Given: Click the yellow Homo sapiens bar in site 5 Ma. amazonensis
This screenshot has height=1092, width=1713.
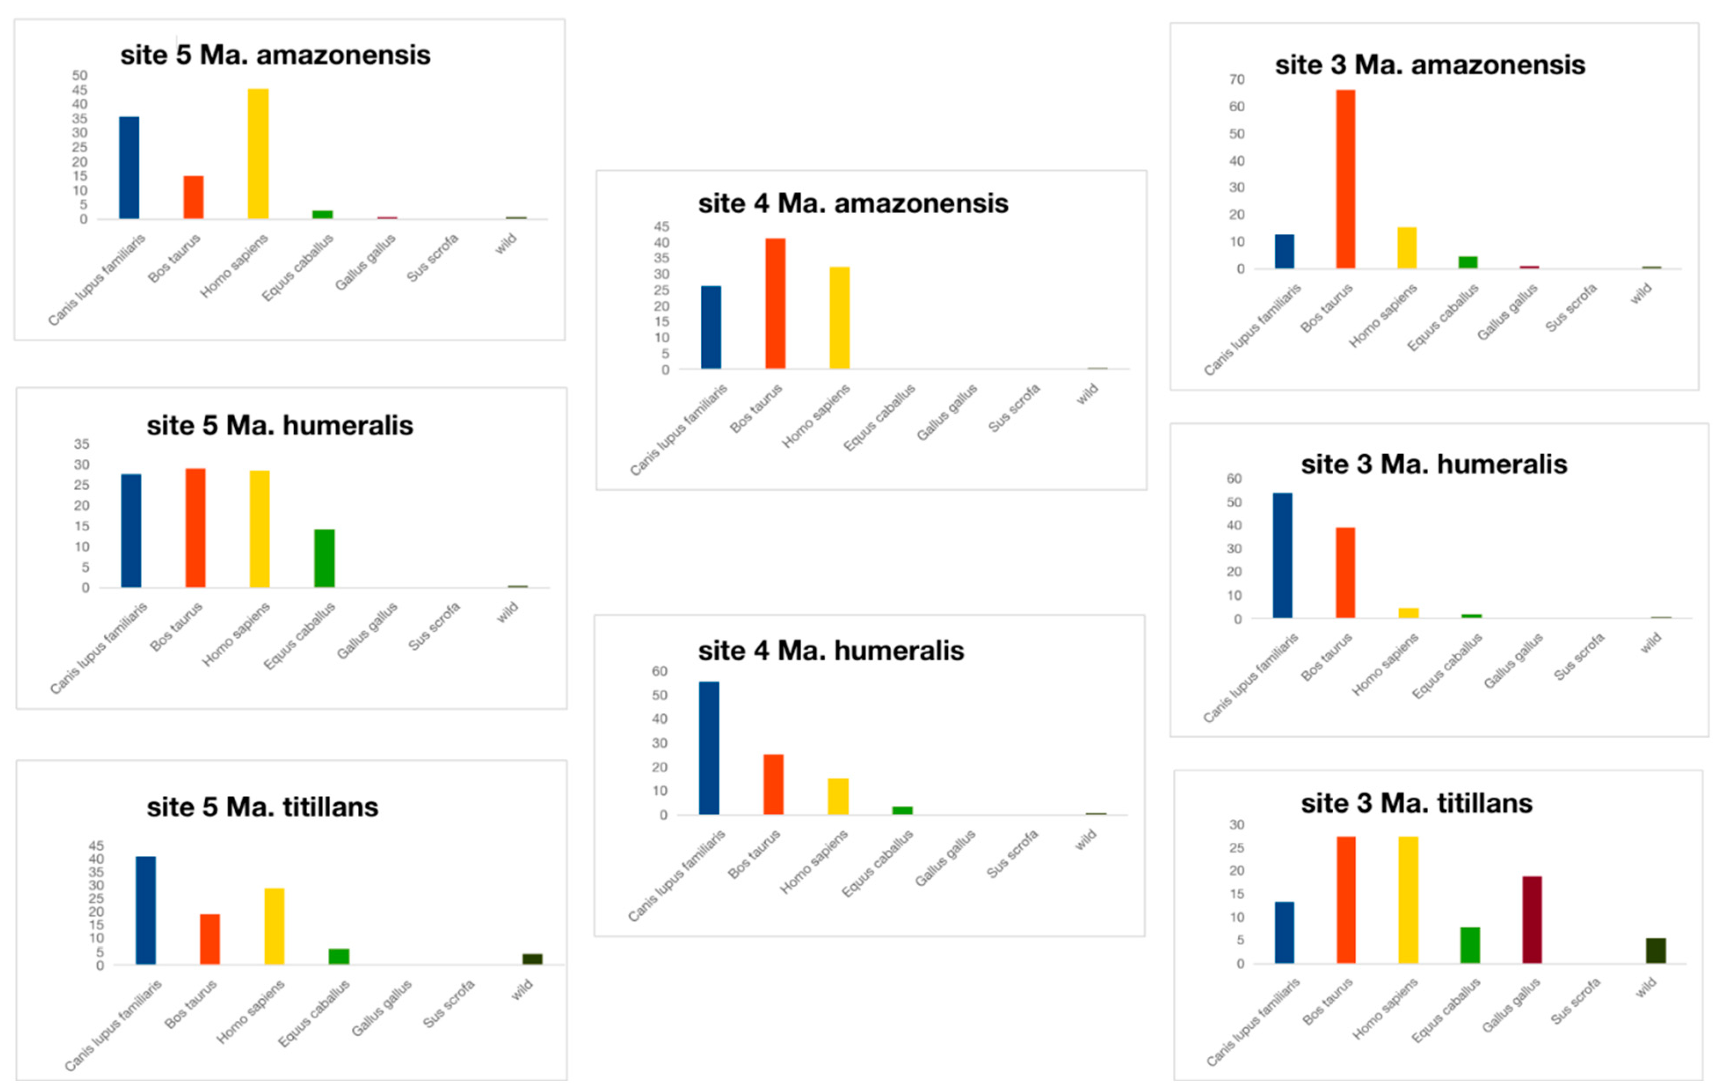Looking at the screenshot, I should point(258,154).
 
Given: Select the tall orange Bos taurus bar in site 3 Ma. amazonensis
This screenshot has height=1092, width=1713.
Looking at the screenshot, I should point(1345,179).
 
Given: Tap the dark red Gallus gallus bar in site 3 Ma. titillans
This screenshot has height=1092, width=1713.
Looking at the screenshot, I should point(1531,919).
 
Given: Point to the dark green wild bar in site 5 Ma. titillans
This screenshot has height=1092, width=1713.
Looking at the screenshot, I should point(532,959).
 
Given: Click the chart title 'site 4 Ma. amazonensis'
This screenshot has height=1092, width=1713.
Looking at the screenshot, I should point(853,204).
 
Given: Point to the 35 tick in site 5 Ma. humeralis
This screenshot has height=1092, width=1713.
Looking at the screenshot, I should point(82,444).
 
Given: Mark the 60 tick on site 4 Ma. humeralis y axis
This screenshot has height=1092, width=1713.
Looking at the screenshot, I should point(659,671).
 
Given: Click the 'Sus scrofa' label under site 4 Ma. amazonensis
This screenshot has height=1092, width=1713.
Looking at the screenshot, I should point(1015,408).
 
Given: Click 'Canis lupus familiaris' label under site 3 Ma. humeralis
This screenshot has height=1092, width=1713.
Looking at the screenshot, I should point(1251,678).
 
